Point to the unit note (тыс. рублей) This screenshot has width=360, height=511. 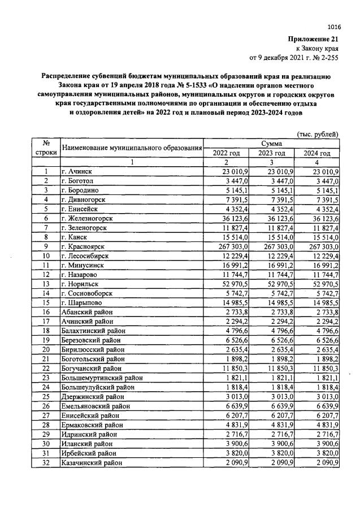pyautogui.click(x=318, y=135)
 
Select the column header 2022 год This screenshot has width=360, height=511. pyautogui.click(x=226, y=154)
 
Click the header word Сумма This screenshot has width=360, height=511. pyautogui.click(x=271, y=145)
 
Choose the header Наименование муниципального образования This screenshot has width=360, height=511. pyautogui.click(x=131, y=149)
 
